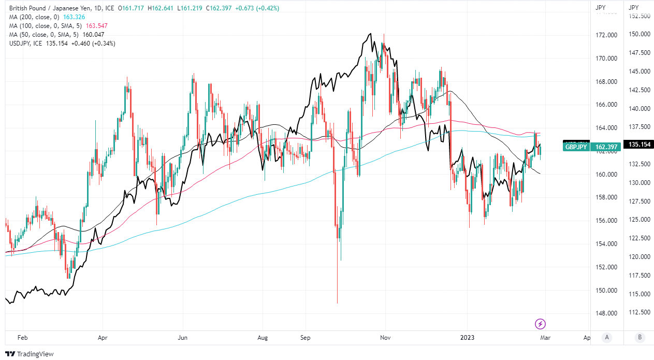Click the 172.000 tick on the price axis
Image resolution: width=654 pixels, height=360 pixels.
(607, 35)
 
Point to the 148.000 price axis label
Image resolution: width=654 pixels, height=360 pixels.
(607, 313)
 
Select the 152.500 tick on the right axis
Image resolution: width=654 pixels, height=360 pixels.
(639, 16)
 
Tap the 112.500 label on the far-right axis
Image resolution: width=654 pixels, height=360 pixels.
(639, 312)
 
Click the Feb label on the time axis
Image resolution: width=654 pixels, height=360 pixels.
(22, 338)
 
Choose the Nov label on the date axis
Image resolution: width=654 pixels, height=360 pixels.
(385, 338)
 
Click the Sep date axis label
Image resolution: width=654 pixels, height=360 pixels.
(305, 338)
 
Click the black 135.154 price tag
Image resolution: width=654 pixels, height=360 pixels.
(639, 145)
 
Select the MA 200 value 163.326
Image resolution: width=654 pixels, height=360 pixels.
(74, 17)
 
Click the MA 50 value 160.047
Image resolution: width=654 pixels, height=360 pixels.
(93, 35)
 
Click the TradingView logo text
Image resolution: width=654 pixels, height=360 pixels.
(36, 354)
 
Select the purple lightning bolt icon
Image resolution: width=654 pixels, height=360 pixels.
(541, 324)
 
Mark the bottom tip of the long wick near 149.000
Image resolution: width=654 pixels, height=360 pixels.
(337, 304)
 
